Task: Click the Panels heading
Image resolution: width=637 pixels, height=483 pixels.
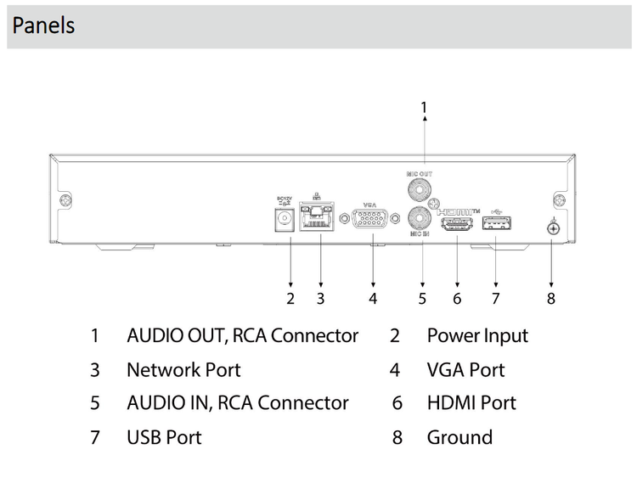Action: [43, 25]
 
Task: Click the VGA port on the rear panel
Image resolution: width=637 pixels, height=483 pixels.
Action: [372, 220]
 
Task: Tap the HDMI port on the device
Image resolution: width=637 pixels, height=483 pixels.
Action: [457, 224]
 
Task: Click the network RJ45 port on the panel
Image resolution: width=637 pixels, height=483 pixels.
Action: [319, 217]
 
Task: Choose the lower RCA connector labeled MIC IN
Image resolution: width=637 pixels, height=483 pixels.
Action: [419, 216]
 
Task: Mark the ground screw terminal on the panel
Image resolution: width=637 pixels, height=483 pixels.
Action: [552, 227]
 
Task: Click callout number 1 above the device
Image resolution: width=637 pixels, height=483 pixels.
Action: [424, 107]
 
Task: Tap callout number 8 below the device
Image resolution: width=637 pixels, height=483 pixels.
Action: [551, 298]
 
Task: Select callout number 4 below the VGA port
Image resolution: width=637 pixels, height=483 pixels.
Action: [372, 298]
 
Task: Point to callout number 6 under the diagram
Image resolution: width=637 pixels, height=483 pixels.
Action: [457, 298]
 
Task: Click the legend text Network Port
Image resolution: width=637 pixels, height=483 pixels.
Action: [183, 370]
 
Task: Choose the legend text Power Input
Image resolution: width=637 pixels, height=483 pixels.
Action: [477, 336]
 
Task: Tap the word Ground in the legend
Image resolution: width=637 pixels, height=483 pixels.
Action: [459, 438]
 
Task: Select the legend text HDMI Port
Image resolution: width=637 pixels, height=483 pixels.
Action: [471, 403]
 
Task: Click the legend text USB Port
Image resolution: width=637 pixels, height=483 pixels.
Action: [164, 438]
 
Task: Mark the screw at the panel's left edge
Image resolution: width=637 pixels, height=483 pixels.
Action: [65, 201]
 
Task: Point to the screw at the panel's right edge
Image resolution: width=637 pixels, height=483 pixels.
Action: [559, 200]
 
